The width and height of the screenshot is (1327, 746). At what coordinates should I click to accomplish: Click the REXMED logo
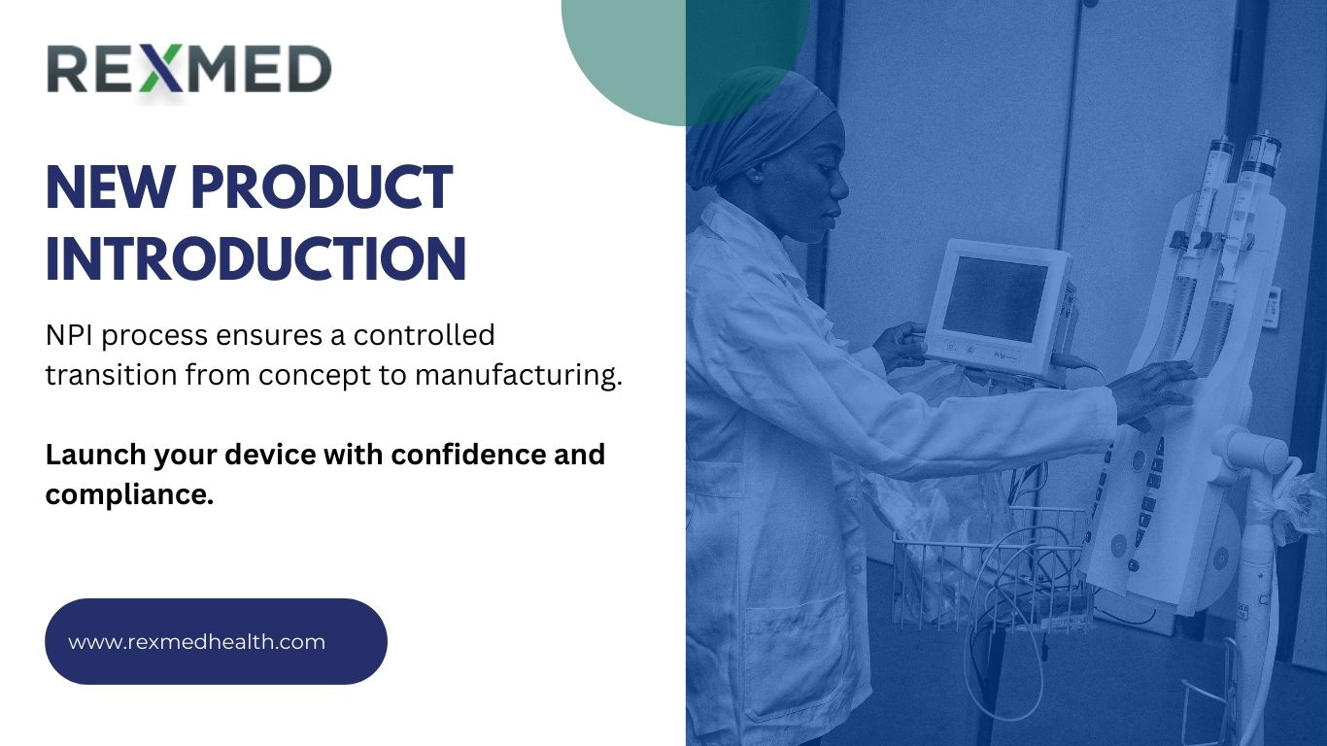pos(189,70)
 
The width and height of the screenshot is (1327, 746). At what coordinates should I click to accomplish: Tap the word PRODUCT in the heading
pos(322,188)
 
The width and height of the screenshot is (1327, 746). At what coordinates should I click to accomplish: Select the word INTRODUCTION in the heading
pos(256,258)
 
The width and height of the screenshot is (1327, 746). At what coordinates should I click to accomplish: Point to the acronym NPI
pos(69,335)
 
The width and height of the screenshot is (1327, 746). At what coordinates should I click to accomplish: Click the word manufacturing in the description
pos(518,376)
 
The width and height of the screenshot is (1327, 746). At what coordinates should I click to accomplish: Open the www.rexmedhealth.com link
pos(197,642)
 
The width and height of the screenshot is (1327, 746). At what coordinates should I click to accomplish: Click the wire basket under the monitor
pos(991,568)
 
